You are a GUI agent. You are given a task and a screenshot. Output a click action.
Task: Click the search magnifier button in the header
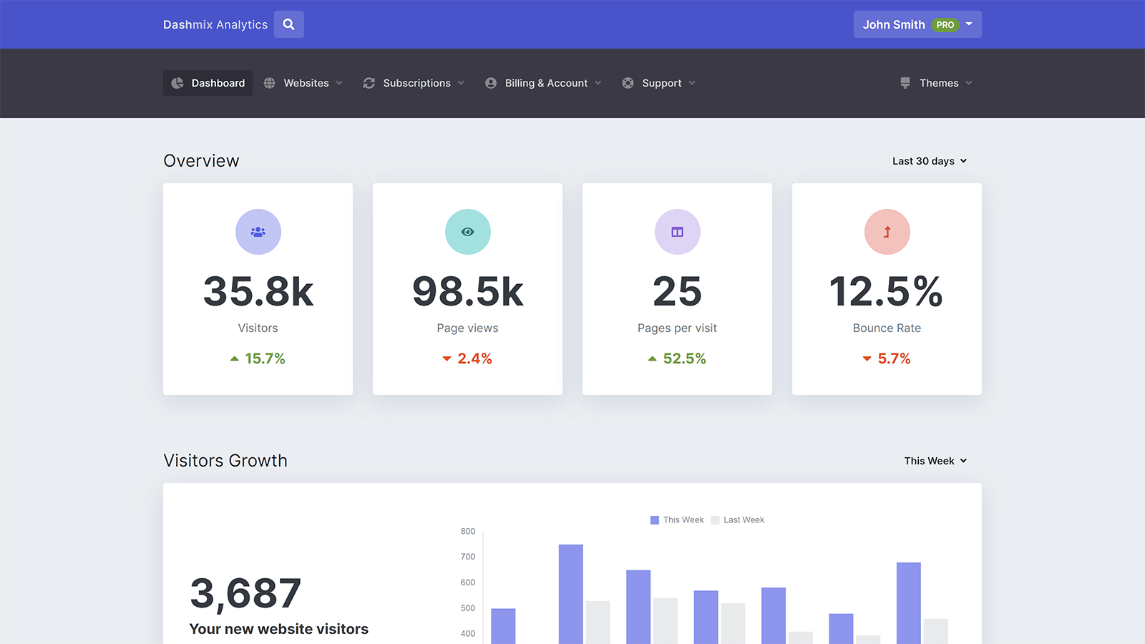click(x=289, y=24)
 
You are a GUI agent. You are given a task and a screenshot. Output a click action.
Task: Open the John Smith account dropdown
click(x=917, y=24)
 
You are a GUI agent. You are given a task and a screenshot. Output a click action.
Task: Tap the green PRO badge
click(x=945, y=25)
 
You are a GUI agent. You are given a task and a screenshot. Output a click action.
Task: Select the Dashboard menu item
click(x=208, y=83)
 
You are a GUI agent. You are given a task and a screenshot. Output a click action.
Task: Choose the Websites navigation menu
click(x=303, y=83)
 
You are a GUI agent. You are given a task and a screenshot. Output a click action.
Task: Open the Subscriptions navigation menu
click(x=414, y=83)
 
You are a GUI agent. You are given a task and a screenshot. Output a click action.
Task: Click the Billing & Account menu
click(x=543, y=83)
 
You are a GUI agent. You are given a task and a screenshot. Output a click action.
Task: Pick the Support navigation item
click(x=658, y=83)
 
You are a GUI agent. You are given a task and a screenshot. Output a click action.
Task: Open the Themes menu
click(x=936, y=83)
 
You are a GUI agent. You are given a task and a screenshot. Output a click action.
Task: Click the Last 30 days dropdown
click(x=929, y=161)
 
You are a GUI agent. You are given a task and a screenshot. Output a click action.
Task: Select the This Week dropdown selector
click(x=935, y=461)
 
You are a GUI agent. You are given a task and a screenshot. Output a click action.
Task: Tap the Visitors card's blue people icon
click(x=258, y=232)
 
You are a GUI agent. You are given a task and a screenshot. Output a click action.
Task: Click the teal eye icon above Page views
click(x=468, y=232)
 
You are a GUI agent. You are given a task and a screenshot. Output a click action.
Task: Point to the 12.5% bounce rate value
click(x=887, y=292)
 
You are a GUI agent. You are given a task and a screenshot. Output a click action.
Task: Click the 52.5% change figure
click(x=684, y=358)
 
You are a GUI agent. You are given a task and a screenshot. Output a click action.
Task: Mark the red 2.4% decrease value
click(x=474, y=358)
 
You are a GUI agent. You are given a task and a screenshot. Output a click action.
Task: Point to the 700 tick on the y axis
click(x=468, y=557)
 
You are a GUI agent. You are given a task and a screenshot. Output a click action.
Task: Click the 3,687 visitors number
click(x=245, y=594)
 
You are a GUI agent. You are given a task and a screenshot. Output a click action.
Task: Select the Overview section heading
click(x=201, y=161)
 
